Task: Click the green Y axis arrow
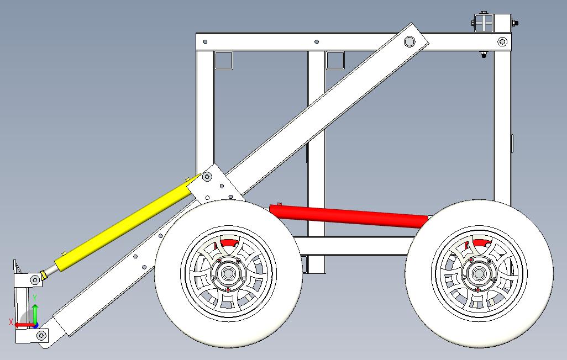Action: click(35, 311)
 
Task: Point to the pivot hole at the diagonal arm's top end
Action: click(410, 41)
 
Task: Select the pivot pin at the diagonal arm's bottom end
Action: click(40, 335)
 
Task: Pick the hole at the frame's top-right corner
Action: click(502, 41)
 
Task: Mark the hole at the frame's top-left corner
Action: click(205, 41)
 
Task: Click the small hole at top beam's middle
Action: click(316, 41)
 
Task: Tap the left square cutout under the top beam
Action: click(223, 60)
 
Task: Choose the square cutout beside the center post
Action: click(335, 60)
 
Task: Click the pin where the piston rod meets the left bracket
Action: click(35, 280)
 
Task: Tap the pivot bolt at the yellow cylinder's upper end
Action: click(207, 177)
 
